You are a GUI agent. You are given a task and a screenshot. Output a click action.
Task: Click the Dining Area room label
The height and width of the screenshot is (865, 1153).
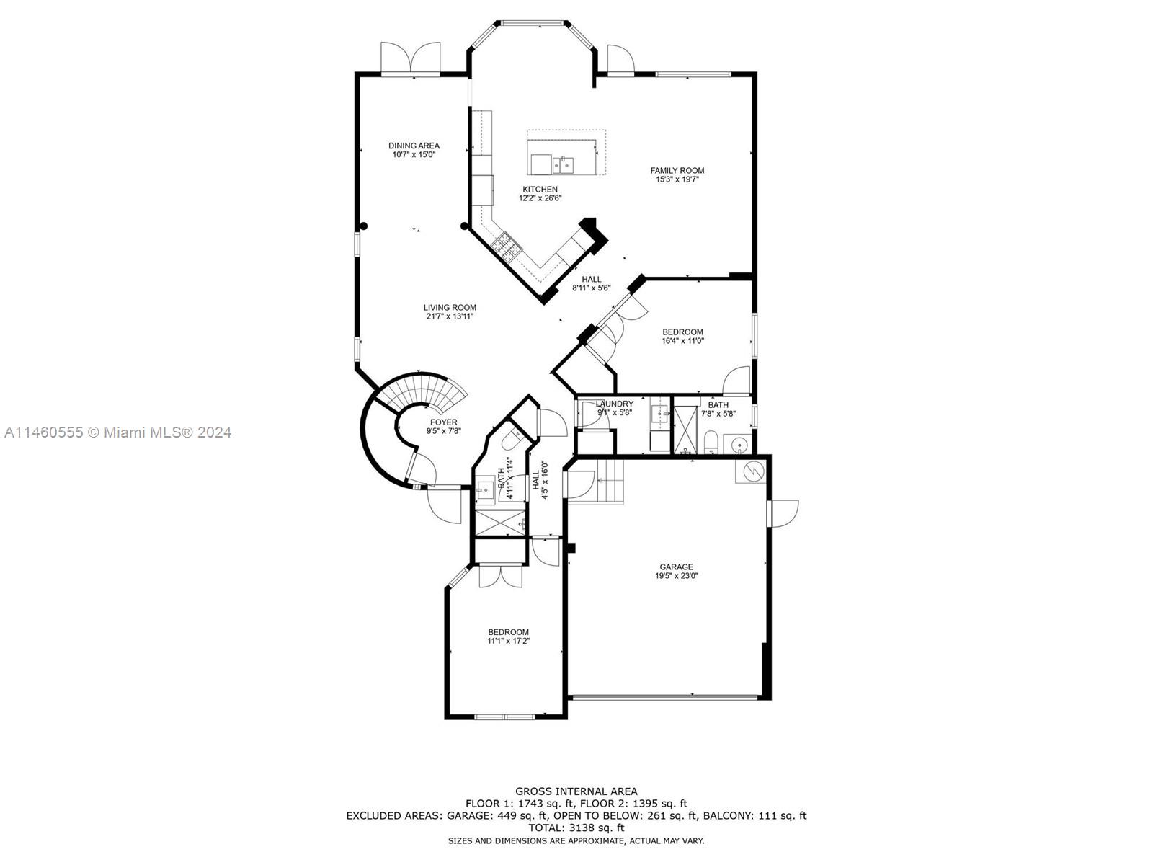click(414, 146)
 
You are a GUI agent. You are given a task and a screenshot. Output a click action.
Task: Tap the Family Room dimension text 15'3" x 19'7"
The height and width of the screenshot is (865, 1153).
click(677, 179)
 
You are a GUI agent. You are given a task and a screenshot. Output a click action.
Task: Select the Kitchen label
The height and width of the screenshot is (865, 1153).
click(540, 189)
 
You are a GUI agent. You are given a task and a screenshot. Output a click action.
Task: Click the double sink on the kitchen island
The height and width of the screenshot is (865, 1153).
click(564, 166)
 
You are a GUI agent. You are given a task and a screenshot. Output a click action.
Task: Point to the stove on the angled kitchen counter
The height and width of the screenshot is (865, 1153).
click(506, 247)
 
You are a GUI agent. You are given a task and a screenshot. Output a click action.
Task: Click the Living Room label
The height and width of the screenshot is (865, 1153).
click(450, 307)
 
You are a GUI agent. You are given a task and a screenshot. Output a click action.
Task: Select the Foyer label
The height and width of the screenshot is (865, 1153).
click(443, 422)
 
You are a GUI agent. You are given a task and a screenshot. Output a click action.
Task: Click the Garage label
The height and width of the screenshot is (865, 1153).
click(676, 567)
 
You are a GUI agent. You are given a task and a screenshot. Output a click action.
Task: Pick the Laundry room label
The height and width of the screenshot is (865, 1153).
click(615, 404)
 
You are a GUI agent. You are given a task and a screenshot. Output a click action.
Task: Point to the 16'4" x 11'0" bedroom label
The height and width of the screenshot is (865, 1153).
click(682, 332)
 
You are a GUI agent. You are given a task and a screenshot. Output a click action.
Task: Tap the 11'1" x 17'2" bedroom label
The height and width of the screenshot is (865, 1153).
click(508, 632)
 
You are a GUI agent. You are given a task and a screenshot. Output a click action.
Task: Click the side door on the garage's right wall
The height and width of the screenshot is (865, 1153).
click(784, 513)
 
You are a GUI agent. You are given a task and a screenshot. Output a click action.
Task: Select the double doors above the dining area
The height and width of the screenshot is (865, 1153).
click(411, 58)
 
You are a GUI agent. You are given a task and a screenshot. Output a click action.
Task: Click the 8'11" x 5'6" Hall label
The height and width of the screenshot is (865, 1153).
click(591, 279)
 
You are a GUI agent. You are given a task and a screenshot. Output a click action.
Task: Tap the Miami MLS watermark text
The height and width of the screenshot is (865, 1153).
click(117, 432)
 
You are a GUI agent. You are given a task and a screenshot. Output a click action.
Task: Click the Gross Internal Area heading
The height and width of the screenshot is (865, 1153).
click(576, 791)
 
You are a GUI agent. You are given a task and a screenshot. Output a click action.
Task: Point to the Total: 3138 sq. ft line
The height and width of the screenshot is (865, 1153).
click(576, 828)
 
